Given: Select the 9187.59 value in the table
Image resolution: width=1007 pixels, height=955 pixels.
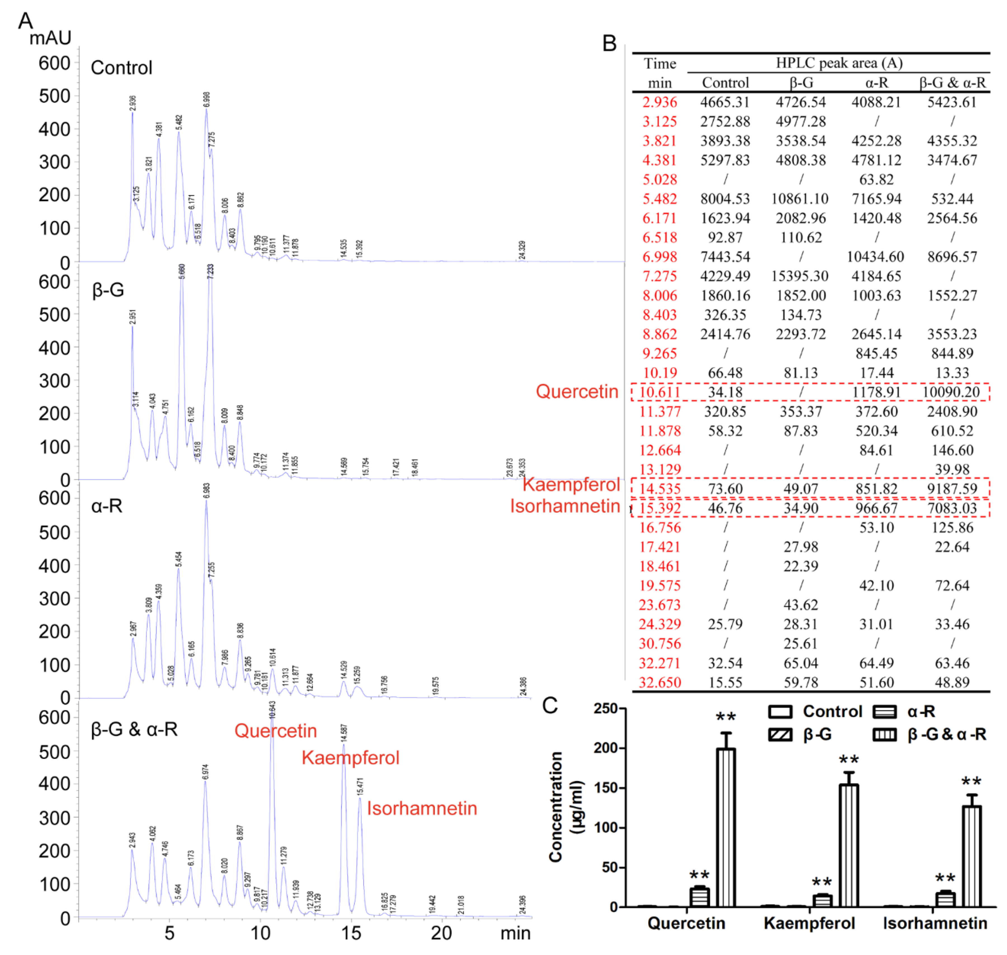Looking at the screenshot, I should click(952, 489).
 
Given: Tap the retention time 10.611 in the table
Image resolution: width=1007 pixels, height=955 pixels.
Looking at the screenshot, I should click(659, 392).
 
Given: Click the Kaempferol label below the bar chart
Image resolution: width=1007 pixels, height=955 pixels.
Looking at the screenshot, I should click(809, 923).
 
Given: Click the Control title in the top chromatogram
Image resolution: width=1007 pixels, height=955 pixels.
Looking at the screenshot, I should click(121, 68).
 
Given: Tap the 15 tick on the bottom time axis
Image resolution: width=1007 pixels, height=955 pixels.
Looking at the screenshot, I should click(351, 933).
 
